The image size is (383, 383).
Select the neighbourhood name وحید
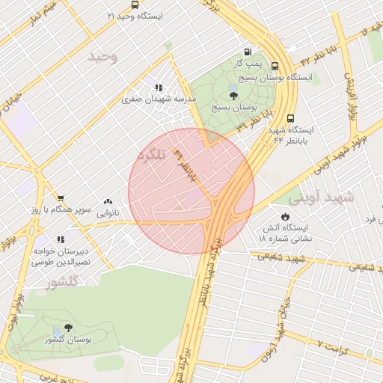(103, 57)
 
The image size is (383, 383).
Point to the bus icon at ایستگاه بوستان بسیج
(275, 66)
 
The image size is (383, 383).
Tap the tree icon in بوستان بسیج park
(233, 95)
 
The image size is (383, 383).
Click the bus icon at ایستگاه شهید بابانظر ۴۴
(290, 117)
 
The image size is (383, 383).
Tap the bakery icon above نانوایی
(108, 201)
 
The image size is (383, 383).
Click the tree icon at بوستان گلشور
(69, 328)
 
